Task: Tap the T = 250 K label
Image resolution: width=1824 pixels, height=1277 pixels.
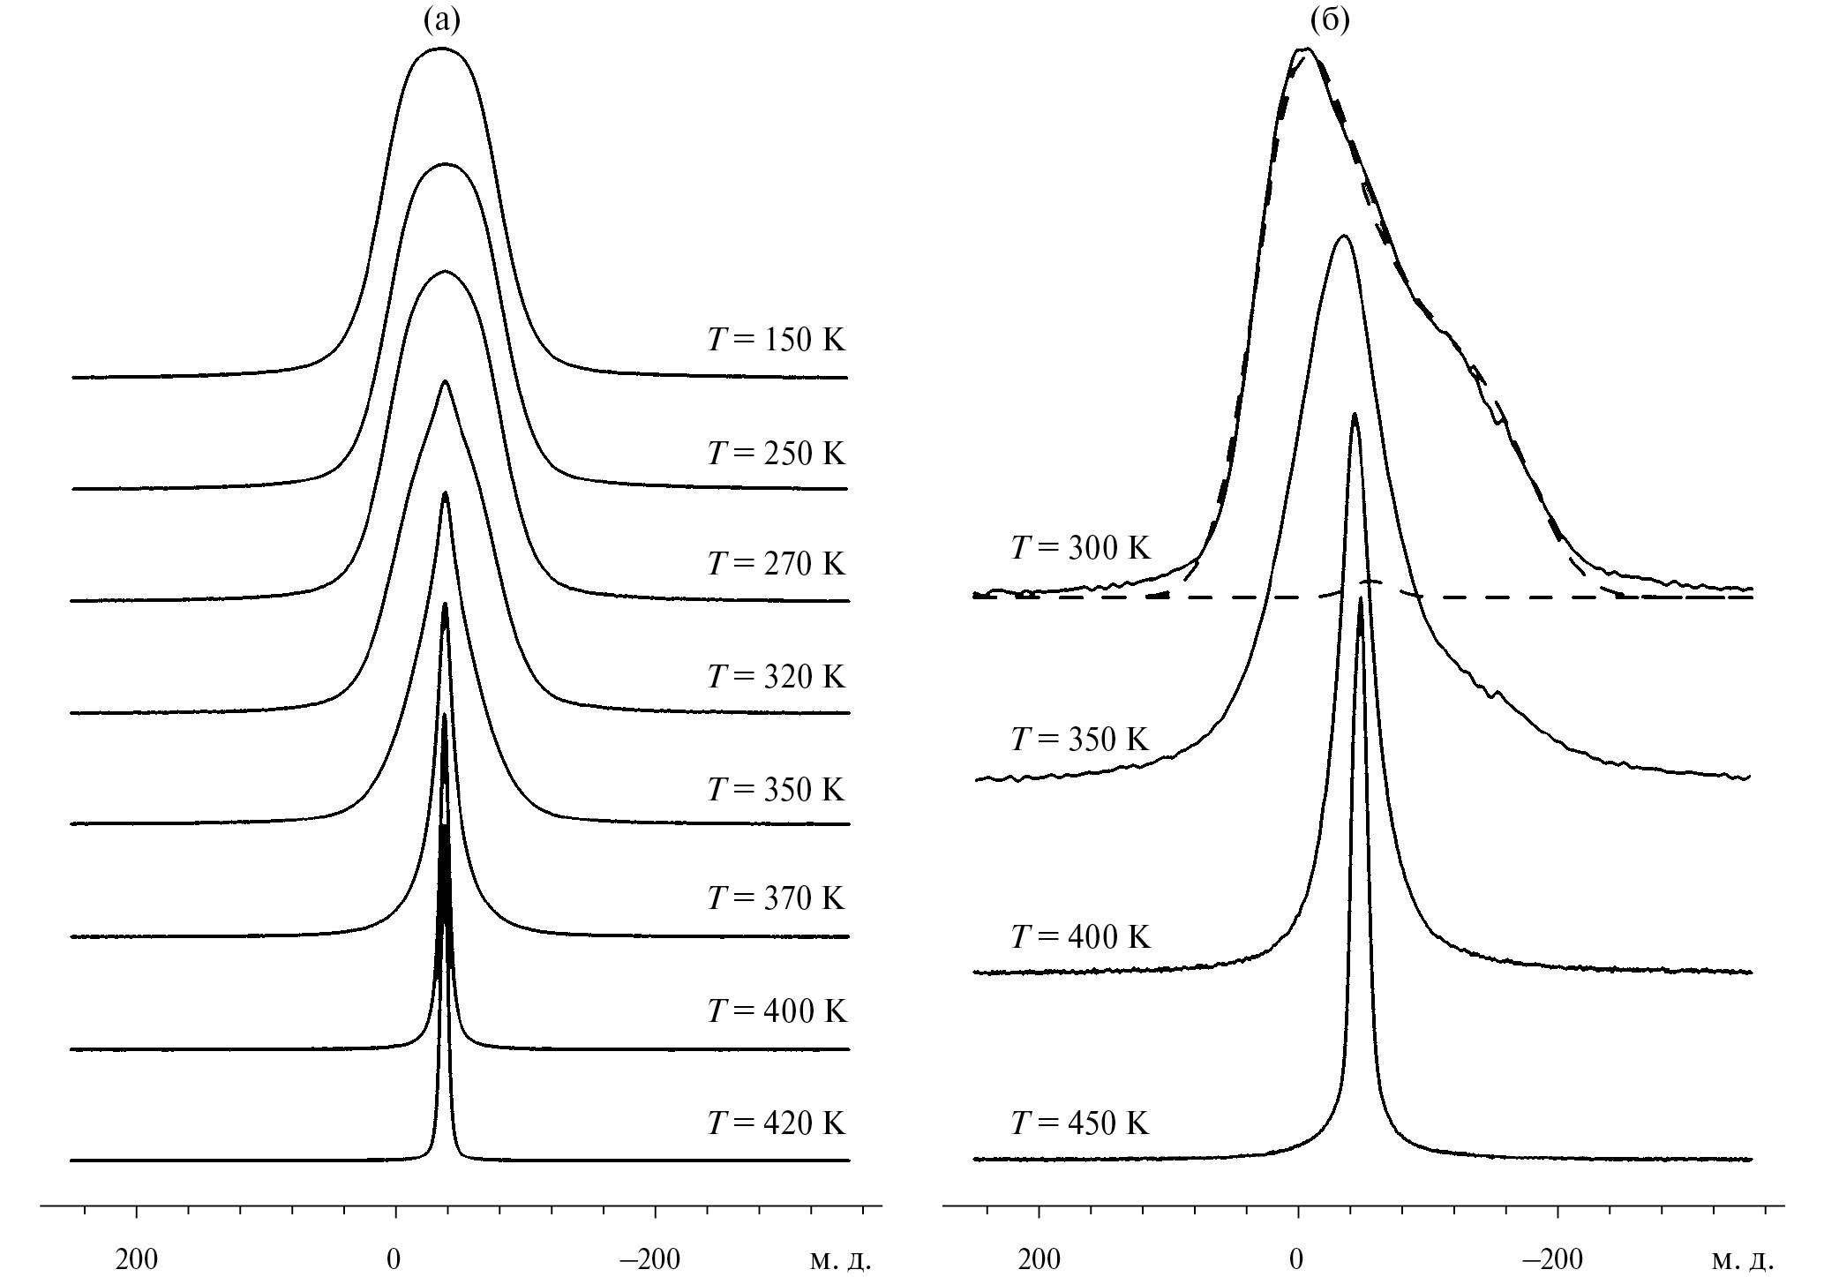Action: pyautogui.click(x=776, y=454)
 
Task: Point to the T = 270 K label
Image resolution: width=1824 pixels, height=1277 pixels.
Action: pyautogui.click(x=776, y=564)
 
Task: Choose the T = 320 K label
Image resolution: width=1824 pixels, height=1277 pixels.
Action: pyautogui.click(x=776, y=677)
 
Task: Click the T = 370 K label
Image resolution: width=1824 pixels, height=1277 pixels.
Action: pyautogui.click(x=776, y=899)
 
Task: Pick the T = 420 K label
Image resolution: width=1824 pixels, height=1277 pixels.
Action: pyautogui.click(x=776, y=1123)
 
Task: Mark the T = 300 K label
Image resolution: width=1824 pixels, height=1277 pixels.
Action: pyautogui.click(x=1080, y=549)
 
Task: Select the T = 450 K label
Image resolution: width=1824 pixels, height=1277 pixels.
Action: pyautogui.click(x=1080, y=1123)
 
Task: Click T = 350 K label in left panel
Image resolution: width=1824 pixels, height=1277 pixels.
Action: pyautogui.click(x=776, y=789)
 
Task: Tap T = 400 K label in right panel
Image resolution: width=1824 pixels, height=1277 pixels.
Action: pyautogui.click(x=1080, y=936)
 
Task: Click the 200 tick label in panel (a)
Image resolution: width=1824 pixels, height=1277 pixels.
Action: pyautogui.click(x=137, y=1260)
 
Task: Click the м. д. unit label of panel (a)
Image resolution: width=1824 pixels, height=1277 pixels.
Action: pyautogui.click(x=840, y=1260)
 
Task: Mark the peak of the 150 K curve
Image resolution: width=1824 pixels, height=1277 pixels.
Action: pyautogui.click(x=440, y=49)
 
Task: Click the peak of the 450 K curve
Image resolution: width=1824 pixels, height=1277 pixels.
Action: pyautogui.click(x=1361, y=598)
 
